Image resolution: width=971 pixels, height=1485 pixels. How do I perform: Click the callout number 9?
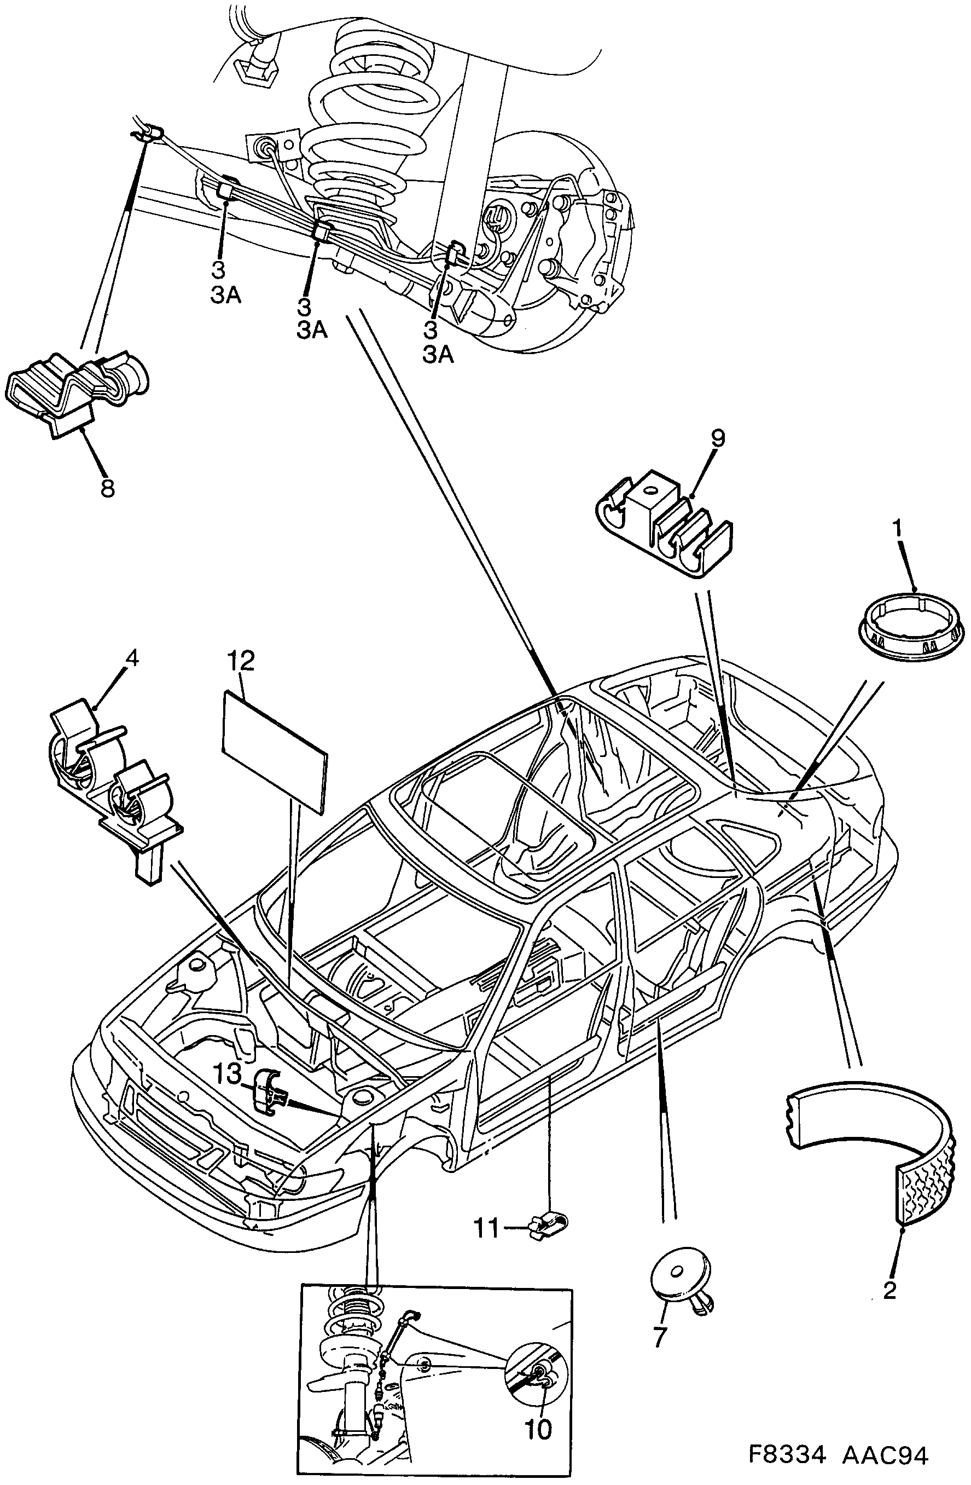717,438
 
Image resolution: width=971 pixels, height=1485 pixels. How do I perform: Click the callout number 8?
107,487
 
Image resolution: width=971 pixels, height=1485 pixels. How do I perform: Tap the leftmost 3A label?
225,296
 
